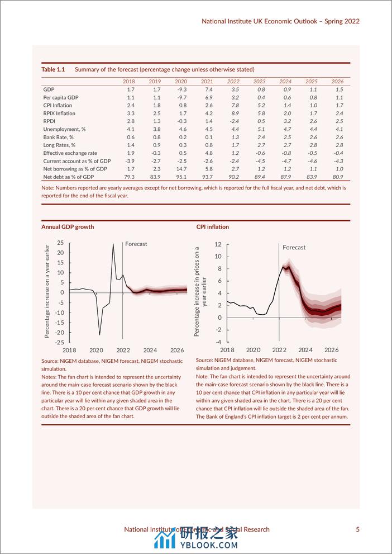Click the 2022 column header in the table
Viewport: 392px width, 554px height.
click(233, 82)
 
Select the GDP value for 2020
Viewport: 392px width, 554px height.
click(181, 89)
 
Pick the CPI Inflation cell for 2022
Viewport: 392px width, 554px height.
click(235, 105)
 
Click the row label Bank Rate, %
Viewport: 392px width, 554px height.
click(58, 137)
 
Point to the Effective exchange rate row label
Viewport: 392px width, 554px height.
click(70, 153)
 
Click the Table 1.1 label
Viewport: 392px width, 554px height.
click(53, 69)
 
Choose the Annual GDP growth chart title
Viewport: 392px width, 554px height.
click(68, 227)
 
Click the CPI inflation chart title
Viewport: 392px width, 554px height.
click(213, 227)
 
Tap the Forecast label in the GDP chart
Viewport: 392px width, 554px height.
click(136, 244)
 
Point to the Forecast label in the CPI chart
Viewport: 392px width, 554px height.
click(294, 247)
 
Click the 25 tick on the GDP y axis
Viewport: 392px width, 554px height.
click(60, 243)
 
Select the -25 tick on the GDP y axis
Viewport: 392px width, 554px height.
click(59, 343)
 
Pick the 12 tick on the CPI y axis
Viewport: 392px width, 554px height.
click(218, 244)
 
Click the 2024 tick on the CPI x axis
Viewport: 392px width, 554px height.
click(305, 349)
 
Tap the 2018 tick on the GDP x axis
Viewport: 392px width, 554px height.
click(69, 350)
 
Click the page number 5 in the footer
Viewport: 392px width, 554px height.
click(358, 529)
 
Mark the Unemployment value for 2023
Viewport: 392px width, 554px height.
click(261, 129)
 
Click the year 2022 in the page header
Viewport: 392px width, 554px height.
click(351, 21)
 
